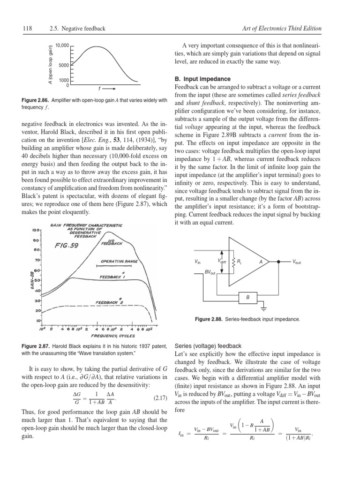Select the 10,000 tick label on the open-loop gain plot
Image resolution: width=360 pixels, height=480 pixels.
(x=62, y=45)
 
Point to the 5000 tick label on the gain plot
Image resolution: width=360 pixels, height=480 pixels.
(x=64, y=65)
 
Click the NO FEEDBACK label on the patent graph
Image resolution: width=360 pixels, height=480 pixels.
(x=111, y=242)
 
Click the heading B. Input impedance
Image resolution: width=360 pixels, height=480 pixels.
(x=202, y=79)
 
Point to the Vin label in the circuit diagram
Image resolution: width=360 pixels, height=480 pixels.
(x=197, y=262)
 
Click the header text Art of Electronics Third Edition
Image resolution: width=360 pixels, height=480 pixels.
(x=282, y=29)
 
